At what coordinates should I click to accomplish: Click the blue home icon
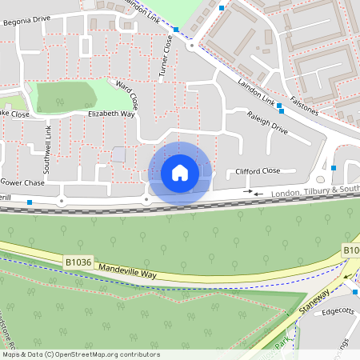click(180, 173)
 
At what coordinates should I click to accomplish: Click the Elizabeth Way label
click(111, 114)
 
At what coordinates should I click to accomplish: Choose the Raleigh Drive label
click(267, 122)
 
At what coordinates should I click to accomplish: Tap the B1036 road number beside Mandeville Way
click(78, 261)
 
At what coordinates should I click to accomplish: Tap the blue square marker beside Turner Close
click(175, 30)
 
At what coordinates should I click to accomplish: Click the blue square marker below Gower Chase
click(30, 202)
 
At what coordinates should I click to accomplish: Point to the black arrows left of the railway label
click(253, 192)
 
